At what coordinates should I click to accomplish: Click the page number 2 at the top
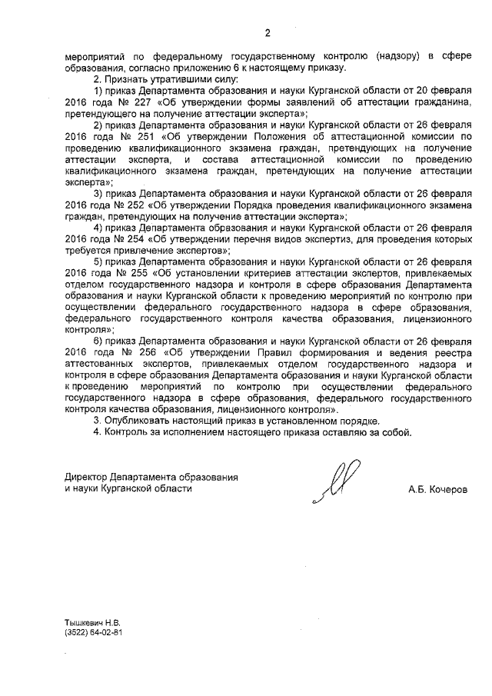click(x=267, y=33)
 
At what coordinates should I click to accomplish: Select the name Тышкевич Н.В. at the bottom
click(x=93, y=621)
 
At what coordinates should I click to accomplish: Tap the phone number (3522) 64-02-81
click(x=95, y=631)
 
